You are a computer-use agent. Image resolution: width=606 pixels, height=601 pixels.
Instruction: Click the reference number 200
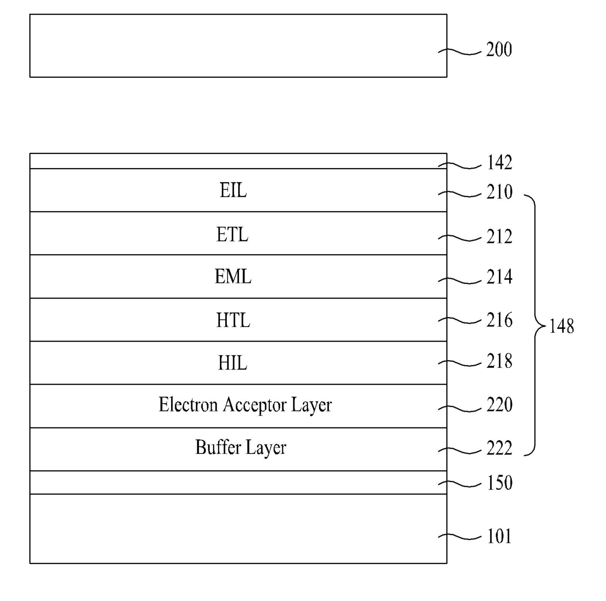[x=499, y=49]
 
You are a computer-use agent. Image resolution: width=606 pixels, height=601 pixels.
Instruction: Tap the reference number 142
[x=499, y=163]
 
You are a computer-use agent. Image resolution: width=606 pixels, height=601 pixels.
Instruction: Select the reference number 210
[x=499, y=192]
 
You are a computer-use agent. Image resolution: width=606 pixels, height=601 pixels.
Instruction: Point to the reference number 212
[x=499, y=236]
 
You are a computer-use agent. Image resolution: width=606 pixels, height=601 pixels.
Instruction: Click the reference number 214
[x=499, y=277]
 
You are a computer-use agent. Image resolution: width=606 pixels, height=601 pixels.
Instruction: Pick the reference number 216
[x=499, y=320]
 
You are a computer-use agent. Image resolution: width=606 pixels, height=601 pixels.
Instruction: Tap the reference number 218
[x=499, y=361]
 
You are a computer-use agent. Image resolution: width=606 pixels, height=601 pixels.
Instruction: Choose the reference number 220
[x=499, y=405]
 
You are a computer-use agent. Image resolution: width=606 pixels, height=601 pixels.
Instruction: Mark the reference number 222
[x=499, y=448]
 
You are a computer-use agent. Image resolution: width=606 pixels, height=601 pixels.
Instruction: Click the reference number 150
[x=500, y=483]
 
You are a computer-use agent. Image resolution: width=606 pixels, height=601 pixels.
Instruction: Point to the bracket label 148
[x=562, y=326]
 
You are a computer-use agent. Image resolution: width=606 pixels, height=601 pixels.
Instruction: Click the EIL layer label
[x=233, y=191]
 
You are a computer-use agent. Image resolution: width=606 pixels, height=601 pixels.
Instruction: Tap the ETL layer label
[x=232, y=235]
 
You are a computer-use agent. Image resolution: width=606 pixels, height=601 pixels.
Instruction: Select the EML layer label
[x=233, y=277]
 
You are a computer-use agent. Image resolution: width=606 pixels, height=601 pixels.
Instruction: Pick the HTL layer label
[x=233, y=320]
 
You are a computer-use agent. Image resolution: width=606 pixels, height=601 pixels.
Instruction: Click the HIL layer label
[x=233, y=363]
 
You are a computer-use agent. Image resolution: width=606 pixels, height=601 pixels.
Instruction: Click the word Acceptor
[x=255, y=406]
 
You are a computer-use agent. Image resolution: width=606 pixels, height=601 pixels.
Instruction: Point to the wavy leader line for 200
[x=459, y=52]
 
